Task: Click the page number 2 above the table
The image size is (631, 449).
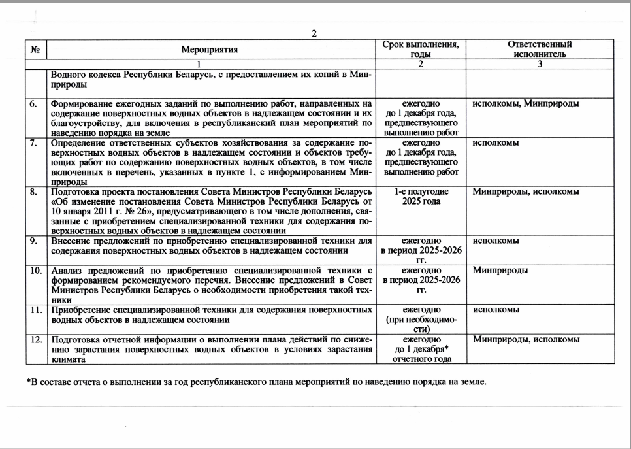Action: tap(314, 34)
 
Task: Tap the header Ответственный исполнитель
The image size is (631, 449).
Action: tap(540, 49)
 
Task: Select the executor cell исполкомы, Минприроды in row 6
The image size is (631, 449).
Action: tap(525, 104)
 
